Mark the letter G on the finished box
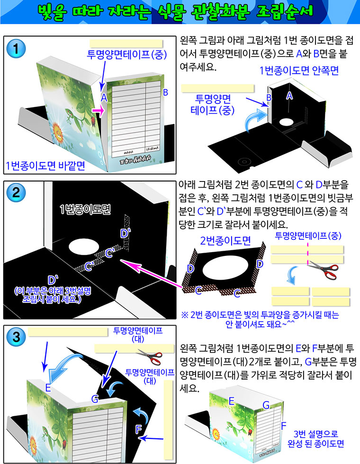point(266,405)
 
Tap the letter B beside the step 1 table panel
point(165,92)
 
